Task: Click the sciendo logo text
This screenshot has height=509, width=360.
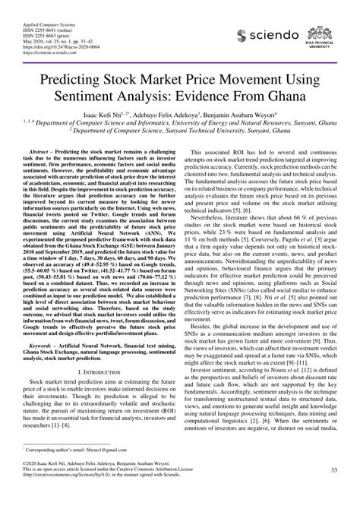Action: point(267,36)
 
